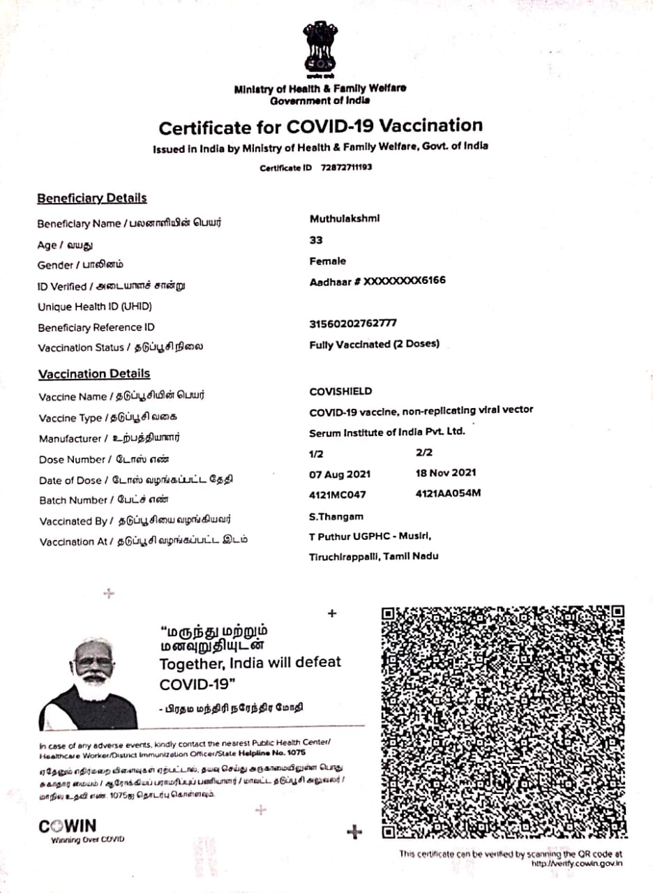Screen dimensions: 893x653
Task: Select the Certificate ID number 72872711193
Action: click(346, 168)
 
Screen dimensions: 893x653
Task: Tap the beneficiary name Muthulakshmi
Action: click(345, 218)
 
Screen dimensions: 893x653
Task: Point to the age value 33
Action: click(316, 240)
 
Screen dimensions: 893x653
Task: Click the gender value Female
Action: click(327, 261)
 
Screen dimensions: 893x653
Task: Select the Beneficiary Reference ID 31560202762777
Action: click(353, 324)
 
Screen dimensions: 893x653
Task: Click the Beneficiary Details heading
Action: click(91, 198)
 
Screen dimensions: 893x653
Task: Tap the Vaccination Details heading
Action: click(93, 374)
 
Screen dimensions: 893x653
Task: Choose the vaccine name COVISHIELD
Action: click(340, 391)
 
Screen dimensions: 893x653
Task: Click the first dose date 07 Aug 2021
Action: click(340, 474)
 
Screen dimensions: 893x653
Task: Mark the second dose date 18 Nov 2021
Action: click(445, 472)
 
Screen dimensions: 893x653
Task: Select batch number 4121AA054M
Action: click(448, 493)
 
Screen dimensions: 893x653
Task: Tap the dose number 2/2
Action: click(424, 452)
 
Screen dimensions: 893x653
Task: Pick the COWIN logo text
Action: click(68, 827)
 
